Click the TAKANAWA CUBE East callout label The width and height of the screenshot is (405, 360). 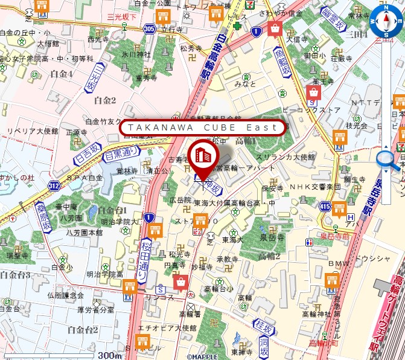pyautogui.click(x=202, y=127)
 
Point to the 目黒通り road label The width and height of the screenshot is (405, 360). pyautogui.click(x=121, y=155)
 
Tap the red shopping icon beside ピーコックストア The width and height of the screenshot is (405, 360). pyautogui.click(x=313, y=92)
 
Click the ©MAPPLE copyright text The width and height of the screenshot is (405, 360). pyautogui.click(x=203, y=356)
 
